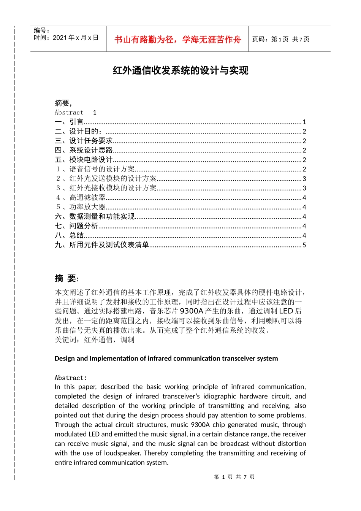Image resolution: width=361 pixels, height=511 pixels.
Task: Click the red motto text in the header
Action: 177,40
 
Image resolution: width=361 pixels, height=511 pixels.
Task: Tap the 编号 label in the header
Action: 41,30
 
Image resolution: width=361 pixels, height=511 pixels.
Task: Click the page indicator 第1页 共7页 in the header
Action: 281,39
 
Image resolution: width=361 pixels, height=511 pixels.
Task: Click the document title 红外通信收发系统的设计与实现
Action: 180,70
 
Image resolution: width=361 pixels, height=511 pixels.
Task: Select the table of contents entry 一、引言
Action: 69,122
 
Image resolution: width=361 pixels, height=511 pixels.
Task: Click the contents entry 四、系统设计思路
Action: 84,150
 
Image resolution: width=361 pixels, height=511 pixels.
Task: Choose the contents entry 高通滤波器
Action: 87,197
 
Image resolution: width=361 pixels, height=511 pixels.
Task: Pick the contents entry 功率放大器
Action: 87,207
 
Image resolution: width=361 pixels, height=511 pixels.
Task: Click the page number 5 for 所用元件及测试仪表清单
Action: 304,245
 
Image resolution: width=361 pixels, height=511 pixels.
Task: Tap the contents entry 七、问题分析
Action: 76,226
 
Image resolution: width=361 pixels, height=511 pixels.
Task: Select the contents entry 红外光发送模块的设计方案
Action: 113,178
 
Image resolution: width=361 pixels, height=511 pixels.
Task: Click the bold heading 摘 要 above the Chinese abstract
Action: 66,279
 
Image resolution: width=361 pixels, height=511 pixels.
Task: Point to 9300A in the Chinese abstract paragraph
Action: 191,311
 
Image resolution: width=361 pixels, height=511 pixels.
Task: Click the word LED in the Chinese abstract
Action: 286,311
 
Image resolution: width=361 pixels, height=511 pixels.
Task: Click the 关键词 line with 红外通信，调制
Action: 95,340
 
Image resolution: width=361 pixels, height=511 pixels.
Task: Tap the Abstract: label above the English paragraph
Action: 71,378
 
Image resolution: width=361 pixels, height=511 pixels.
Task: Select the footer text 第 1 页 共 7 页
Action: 234,477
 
